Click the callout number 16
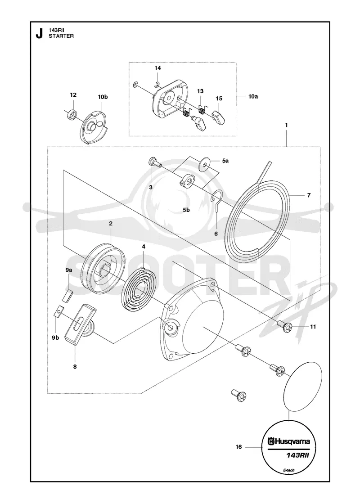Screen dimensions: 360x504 [238, 447]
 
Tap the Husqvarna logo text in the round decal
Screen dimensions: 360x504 [289, 441]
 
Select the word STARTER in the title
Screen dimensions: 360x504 [61, 36]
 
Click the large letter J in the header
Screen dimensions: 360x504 [39, 33]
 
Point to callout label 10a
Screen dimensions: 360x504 [253, 96]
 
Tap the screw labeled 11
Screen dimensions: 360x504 [285, 326]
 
